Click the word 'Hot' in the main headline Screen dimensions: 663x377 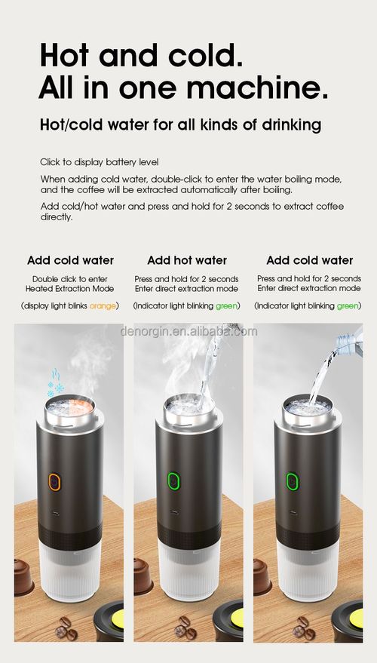(72, 55)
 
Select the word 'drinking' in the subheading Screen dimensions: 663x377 (290, 124)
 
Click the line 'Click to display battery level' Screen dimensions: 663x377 (99, 162)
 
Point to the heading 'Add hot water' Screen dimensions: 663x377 (187, 260)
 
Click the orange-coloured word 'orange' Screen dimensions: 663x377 (103, 305)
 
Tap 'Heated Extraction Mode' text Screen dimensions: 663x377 (70, 289)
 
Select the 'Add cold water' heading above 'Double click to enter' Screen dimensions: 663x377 (70, 260)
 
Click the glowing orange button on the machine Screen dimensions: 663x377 (55, 481)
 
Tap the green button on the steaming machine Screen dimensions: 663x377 (173, 481)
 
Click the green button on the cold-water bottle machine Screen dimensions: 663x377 (291, 481)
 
